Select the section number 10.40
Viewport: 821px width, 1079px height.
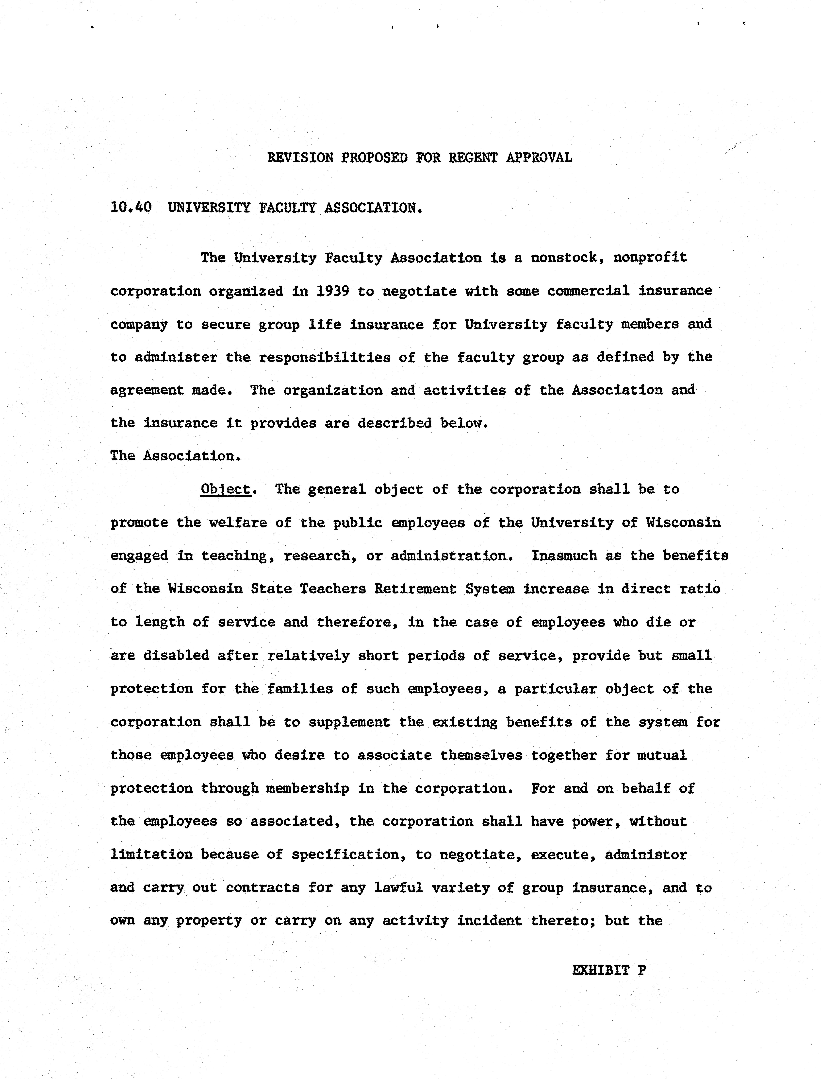[131, 208]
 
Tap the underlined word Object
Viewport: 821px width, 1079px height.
[225, 489]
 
